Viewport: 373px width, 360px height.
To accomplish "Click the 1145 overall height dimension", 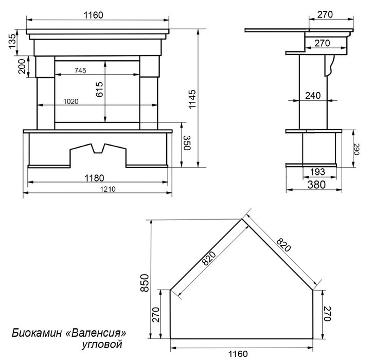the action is [192, 99].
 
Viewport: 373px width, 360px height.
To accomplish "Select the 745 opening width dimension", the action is [80, 70].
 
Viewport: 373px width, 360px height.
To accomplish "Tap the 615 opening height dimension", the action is [99, 89].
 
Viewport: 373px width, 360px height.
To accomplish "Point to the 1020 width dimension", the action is [71, 101].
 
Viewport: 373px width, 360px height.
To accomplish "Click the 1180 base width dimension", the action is [95, 178].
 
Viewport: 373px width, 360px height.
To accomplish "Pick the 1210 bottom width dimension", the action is [108, 189].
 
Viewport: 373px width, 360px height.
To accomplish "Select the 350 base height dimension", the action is [187, 143].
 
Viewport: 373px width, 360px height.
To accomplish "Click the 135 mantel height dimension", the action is [12, 41].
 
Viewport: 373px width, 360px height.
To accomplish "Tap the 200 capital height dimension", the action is [22, 66].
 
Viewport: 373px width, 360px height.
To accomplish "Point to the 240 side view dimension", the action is [313, 96].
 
